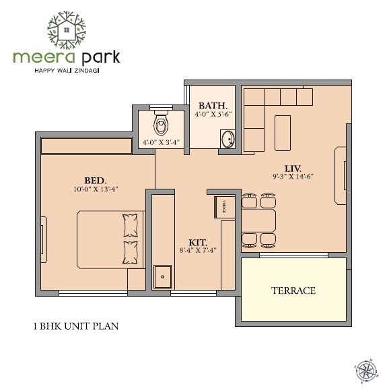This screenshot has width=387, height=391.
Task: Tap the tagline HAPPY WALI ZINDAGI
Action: click(66, 69)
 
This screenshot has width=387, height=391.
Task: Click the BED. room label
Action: click(95, 180)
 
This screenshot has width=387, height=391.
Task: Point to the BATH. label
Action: click(213, 105)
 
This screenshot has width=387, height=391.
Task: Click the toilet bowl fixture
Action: click(161, 123)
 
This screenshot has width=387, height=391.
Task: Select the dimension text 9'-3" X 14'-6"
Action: click(293, 176)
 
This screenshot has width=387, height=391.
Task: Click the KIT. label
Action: click(198, 241)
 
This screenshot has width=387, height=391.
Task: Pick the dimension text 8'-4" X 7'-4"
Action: click(198, 250)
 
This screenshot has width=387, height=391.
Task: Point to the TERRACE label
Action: click(293, 291)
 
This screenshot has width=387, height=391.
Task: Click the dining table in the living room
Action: click(258, 220)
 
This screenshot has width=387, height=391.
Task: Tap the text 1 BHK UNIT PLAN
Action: click(76, 327)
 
